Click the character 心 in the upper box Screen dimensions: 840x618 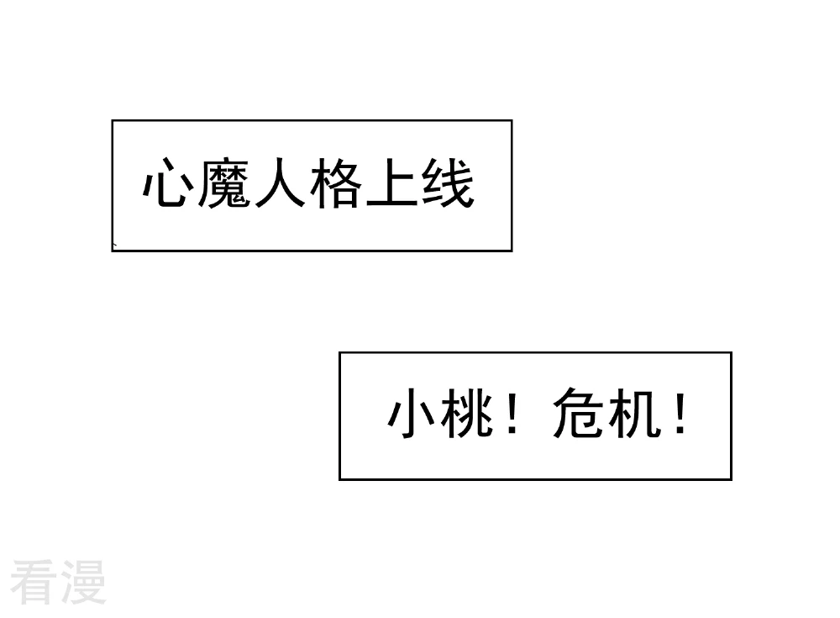(x=168, y=182)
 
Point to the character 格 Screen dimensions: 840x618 (x=336, y=182)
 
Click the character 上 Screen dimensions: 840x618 (x=392, y=182)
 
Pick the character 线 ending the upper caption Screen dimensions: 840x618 (x=449, y=182)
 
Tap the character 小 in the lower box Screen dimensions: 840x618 (x=412, y=413)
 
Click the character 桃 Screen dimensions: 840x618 (x=466, y=413)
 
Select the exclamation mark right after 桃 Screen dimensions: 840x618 (x=512, y=413)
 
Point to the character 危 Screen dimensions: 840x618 (x=578, y=413)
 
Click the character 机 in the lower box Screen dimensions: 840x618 (x=633, y=413)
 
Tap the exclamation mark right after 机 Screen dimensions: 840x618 (x=680, y=413)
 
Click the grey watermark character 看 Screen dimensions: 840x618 (x=34, y=582)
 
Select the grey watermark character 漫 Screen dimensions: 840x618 (x=83, y=582)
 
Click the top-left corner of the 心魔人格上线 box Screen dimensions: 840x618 (x=112, y=121)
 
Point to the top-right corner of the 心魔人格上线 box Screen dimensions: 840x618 (x=512, y=121)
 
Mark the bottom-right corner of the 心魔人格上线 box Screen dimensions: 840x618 (x=512, y=251)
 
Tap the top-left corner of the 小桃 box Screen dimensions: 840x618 (x=339, y=352)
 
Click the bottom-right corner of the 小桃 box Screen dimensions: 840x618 (x=732, y=479)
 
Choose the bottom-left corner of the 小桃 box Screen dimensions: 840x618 (x=339, y=479)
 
